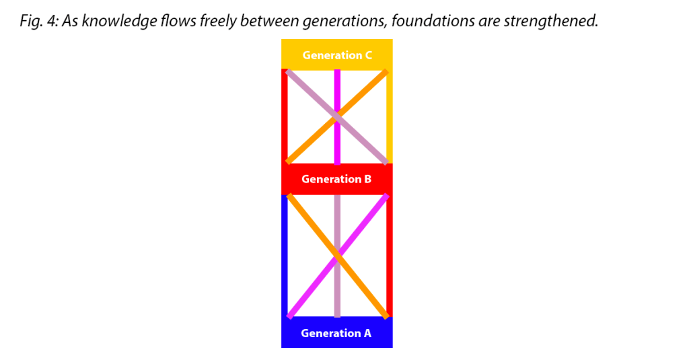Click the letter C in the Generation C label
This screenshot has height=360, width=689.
(x=368, y=55)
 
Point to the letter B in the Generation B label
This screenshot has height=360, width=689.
(x=367, y=179)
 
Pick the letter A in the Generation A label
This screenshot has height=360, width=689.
(x=367, y=333)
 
